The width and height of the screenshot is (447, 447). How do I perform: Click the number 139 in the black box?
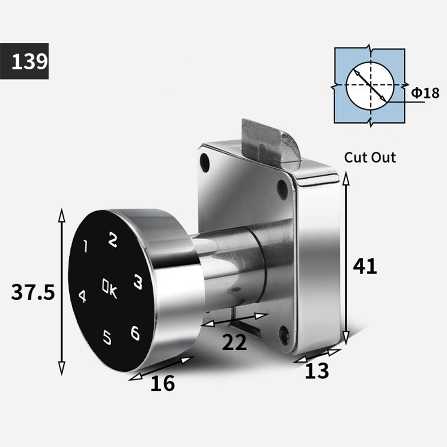30,61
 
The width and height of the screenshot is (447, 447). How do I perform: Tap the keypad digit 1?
85,246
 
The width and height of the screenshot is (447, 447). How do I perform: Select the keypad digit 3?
138,282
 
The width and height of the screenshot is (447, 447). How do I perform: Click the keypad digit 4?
82,297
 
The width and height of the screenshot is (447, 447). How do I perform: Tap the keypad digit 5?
107,337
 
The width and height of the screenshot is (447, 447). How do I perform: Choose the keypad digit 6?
135,333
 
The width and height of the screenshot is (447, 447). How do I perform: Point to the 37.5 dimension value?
33,292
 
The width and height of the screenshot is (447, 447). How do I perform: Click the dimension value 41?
365,266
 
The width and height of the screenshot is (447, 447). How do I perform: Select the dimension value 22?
234,342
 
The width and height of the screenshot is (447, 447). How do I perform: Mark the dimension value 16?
163,383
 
